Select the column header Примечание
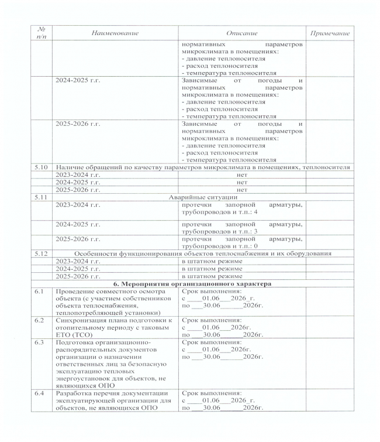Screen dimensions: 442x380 (330, 33)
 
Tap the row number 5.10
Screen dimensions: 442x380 (42, 167)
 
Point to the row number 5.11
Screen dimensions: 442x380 (42, 198)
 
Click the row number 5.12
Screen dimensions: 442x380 (42, 253)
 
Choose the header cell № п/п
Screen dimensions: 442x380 (42, 33)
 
